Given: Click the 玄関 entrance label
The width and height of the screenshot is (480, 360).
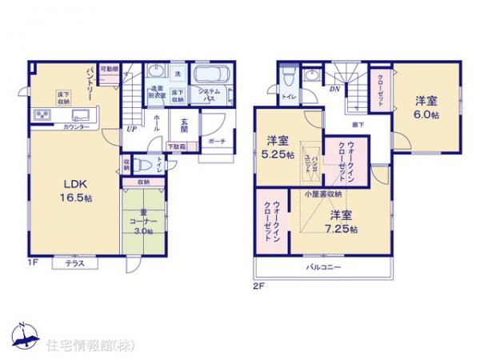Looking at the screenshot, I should point(185,124).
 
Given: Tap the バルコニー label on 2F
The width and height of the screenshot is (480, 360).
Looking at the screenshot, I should point(322,267).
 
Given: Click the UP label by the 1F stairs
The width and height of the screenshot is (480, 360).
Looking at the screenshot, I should point(130,128).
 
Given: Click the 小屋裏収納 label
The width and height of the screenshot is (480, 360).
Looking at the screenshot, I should point(324,194).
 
